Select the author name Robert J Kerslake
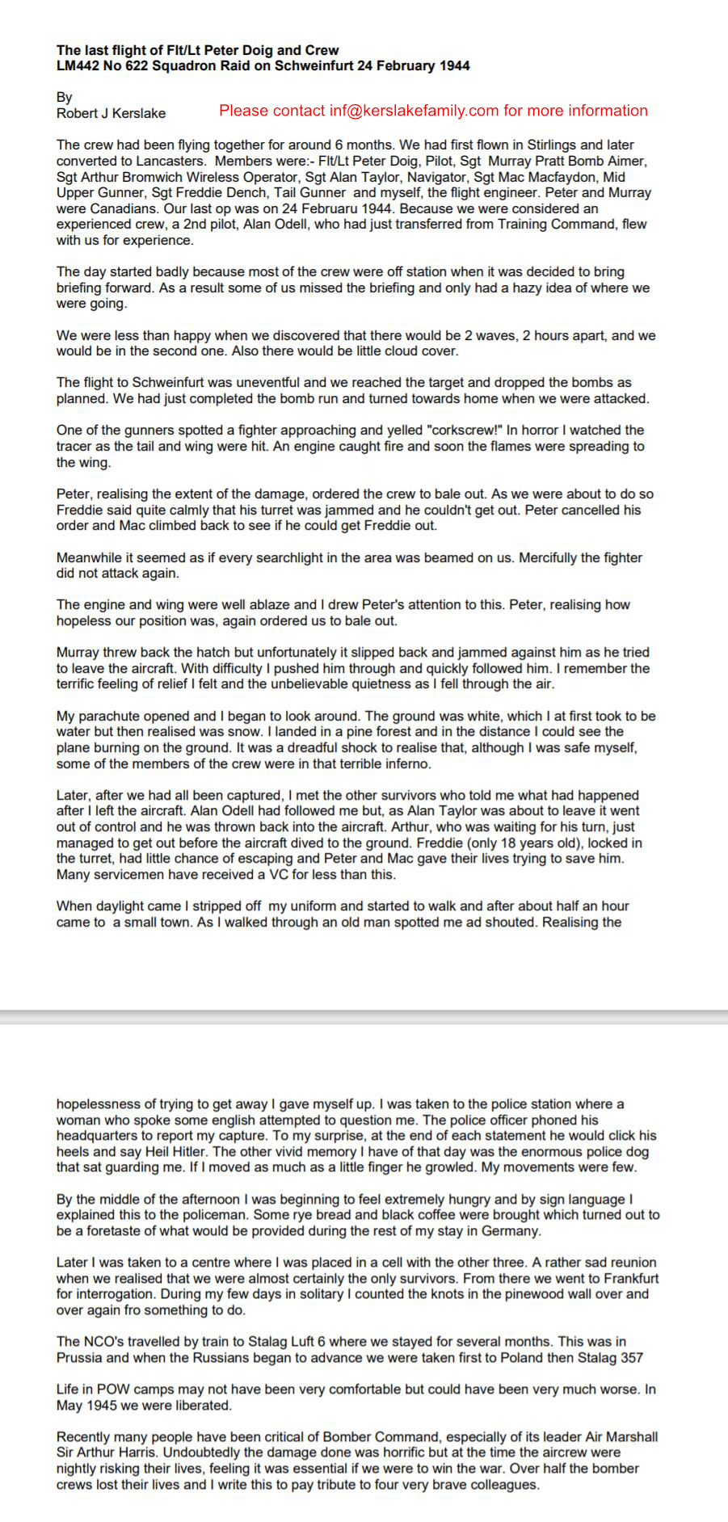coord(111,113)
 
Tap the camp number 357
coord(631,1357)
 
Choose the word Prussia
coord(81,1357)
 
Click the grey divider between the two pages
coord(364,1015)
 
